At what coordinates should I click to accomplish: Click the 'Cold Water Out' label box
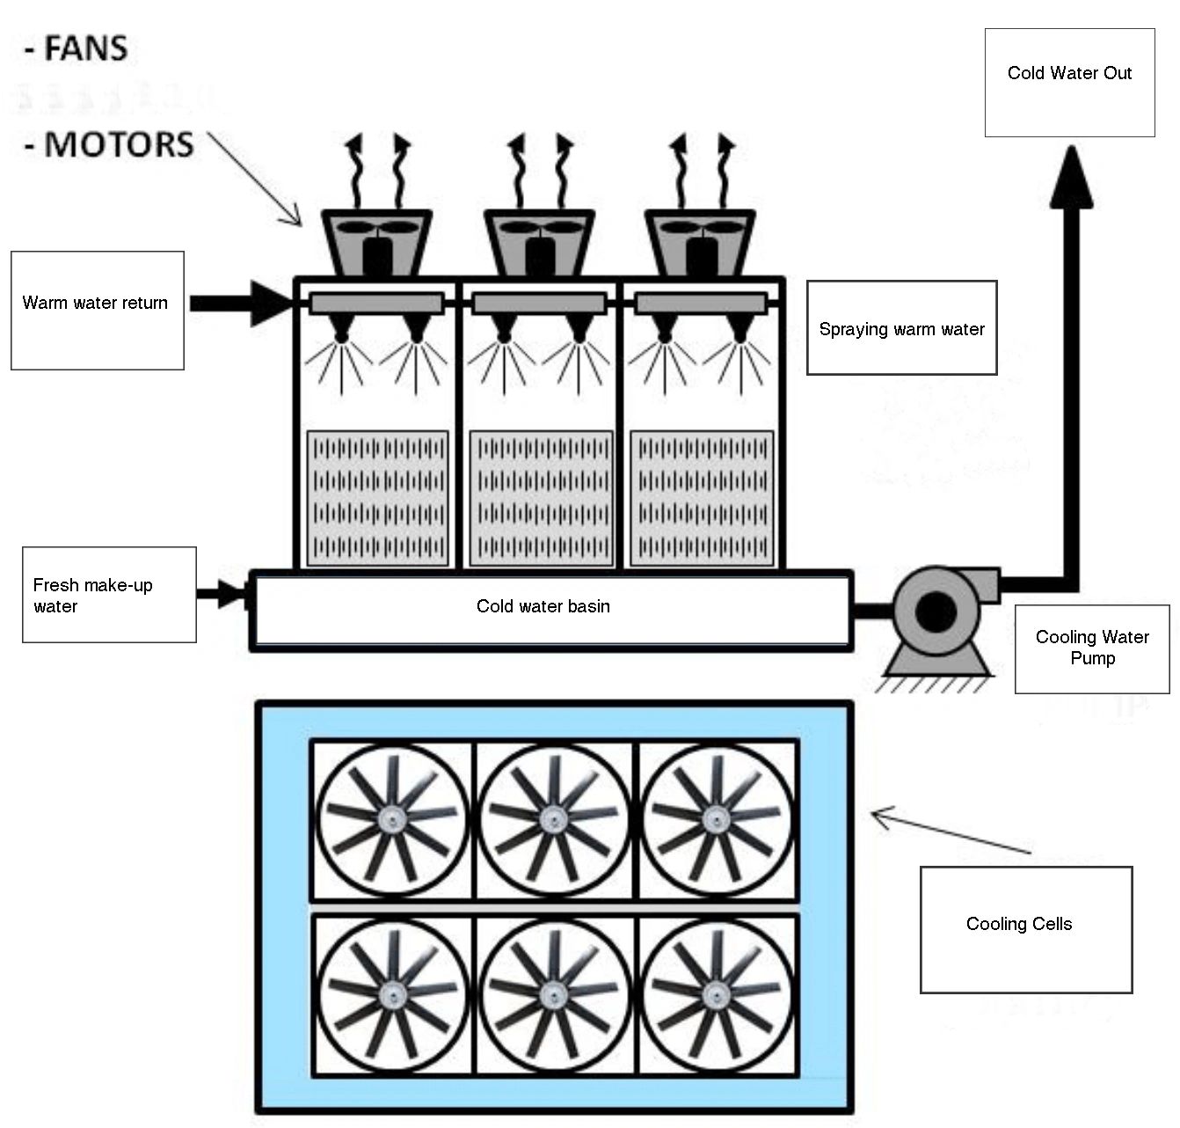[x=1069, y=82]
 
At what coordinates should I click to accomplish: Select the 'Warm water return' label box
[x=97, y=310]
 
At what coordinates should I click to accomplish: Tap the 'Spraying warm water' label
[x=901, y=328]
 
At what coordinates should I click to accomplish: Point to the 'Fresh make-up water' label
[x=109, y=595]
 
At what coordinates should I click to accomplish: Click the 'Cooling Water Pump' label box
[x=1092, y=648]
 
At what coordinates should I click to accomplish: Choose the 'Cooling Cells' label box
[x=1025, y=929]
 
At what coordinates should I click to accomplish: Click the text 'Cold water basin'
[x=543, y=606]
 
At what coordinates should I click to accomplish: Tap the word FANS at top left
[x=85, y=48]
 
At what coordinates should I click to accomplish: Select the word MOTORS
[x=119, y=144]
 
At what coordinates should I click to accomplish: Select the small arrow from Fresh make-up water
[x=222, y=594]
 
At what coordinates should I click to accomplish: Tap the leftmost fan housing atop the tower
[x=376, y=242]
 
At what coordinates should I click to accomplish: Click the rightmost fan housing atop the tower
[x=700, y=242]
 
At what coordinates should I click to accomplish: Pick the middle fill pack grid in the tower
[x=541, y=497]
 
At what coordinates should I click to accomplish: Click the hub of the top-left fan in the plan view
[x=391, y=820]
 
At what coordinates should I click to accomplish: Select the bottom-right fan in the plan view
[x=717, y=994]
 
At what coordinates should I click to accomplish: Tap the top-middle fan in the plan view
[x=553, y=820]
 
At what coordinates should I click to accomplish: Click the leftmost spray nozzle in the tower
[x=341, y=330]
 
